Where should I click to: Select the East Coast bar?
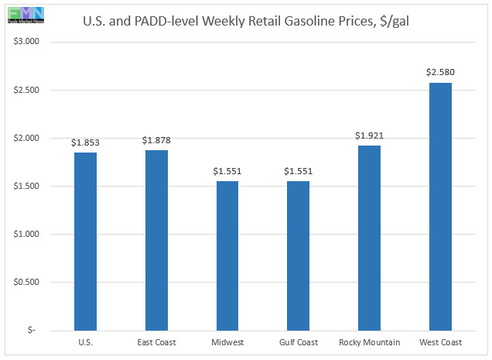(x=156, y=240)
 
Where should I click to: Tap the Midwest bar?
(x=227, y=255)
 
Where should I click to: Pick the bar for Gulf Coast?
(x=298, y=255)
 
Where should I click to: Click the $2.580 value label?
(x=440, y=72)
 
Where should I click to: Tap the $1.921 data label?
(x=369, y=135)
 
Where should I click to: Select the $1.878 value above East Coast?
(x=156, y=139)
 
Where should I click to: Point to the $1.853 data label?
(x=85, y=142)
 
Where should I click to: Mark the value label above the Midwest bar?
(x=227, y=170)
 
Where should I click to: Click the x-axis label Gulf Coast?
(x=298, y=341)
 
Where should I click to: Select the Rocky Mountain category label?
(x=369, y=341)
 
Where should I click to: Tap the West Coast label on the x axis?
(x=440, y=341)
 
